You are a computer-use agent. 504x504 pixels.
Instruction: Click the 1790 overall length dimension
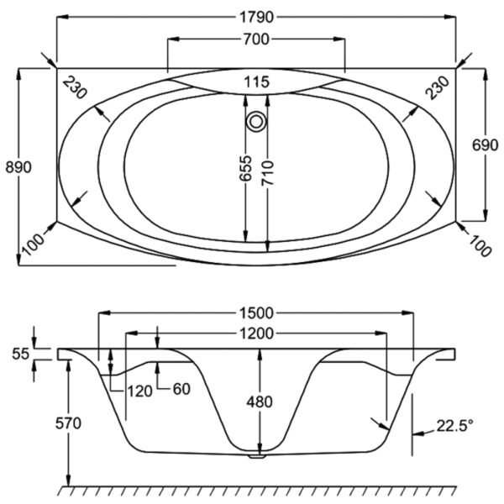point(256,17)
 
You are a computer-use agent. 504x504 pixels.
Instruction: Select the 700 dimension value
point(256,39)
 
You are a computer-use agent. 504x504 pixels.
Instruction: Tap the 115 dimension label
point(256,82)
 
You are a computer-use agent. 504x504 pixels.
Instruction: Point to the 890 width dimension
point(18,167)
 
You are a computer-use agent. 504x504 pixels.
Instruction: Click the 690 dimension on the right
point(485,145)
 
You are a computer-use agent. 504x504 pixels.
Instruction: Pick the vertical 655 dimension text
point(246,168)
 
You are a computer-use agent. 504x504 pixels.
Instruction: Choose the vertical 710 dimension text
point(267,173)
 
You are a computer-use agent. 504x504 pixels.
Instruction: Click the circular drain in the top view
point(256,122)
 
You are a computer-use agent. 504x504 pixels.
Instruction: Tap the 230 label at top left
point(75,87)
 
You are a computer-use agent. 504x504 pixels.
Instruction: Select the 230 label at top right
point(437,87)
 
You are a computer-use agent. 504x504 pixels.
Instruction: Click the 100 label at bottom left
point(33,244)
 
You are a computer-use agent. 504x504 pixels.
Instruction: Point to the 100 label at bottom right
point(480,245)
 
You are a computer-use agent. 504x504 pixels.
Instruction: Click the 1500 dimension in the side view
point(256,313)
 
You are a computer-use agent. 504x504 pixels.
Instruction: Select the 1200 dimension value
point(256,333)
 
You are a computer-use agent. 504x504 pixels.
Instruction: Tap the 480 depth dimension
point(260,402)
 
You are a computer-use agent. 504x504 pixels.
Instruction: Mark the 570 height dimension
point(69,423)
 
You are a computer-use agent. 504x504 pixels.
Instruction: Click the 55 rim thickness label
point(20,354)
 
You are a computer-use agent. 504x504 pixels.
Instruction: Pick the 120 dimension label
point(139,391)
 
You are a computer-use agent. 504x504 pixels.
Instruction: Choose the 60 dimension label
point(181,389)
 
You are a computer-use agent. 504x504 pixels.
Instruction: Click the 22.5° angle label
point(455,426)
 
